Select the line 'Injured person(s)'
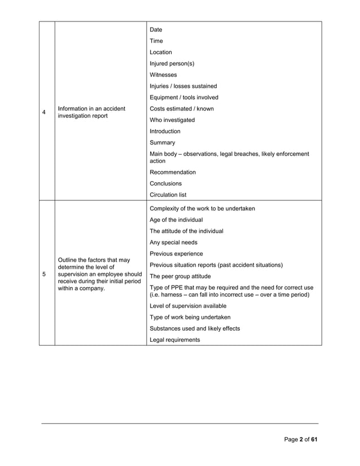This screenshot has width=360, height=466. click(172, 64)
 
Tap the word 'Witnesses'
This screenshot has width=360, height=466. click(163, 75)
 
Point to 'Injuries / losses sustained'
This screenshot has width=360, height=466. click(183, 86)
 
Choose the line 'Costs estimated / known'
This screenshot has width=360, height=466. click(181, 109)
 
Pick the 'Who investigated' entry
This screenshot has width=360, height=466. click(172, 120)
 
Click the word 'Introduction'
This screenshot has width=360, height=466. click(165, 131)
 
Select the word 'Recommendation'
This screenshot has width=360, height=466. click(173, 172)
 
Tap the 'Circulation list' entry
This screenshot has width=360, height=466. click(168, 195)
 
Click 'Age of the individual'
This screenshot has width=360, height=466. click(176, 220)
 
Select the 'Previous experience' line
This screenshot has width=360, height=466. click(176, 254)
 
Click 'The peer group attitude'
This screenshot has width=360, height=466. click(180, 276)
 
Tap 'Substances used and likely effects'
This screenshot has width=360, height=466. click(195, 328)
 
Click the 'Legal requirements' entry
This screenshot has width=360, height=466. click(174, 340)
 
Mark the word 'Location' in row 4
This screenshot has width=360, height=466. click(161, 52)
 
